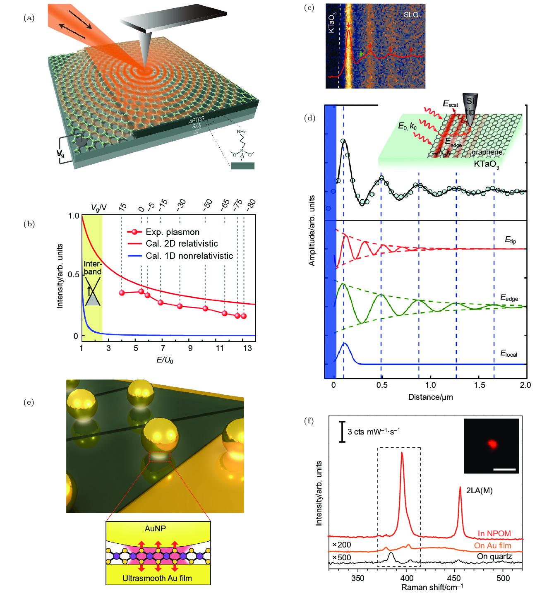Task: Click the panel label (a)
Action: pyautogui.click(x=29, y=18)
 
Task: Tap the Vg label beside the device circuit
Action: pyautogui.click(x=60, y=154)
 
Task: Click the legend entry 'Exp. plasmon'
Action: pyautogui.click(x=172, y=232)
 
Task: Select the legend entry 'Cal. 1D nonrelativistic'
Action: pyautogui.click(x=189, y=256)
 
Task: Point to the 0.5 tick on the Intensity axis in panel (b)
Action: pyautogui.click(x=73, y=275)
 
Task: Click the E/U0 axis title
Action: pyautogui.click(x=165, y=360)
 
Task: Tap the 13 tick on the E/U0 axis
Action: pyautogui.click(x=247, y=348)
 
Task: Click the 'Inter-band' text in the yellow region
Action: pyautogui.click(x=92, y=268)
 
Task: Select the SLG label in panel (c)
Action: pyautogui.click(x=411, y=14)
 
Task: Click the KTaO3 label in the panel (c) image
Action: pyautogui.click(x=332, y=23)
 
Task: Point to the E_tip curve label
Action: pyautogui.click(x=510, y=240)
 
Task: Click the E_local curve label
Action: pyautogui.click(x=508, y=353)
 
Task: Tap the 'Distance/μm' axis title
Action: pyautogui.click(x=430, y=397)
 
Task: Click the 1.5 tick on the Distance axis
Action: pyautogui.click(x=479, y=385)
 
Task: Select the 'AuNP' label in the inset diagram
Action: pyautogui.click(x=155, y=529)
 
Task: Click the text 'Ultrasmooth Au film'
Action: pyautogui.click(x=157, y=578)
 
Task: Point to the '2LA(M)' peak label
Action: pyautogui.click(x=479, y=491)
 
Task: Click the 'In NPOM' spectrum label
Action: pyautogui.click(x=494, y=534)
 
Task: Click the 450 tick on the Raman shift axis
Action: pyautogui.click(x=454, y=578)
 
